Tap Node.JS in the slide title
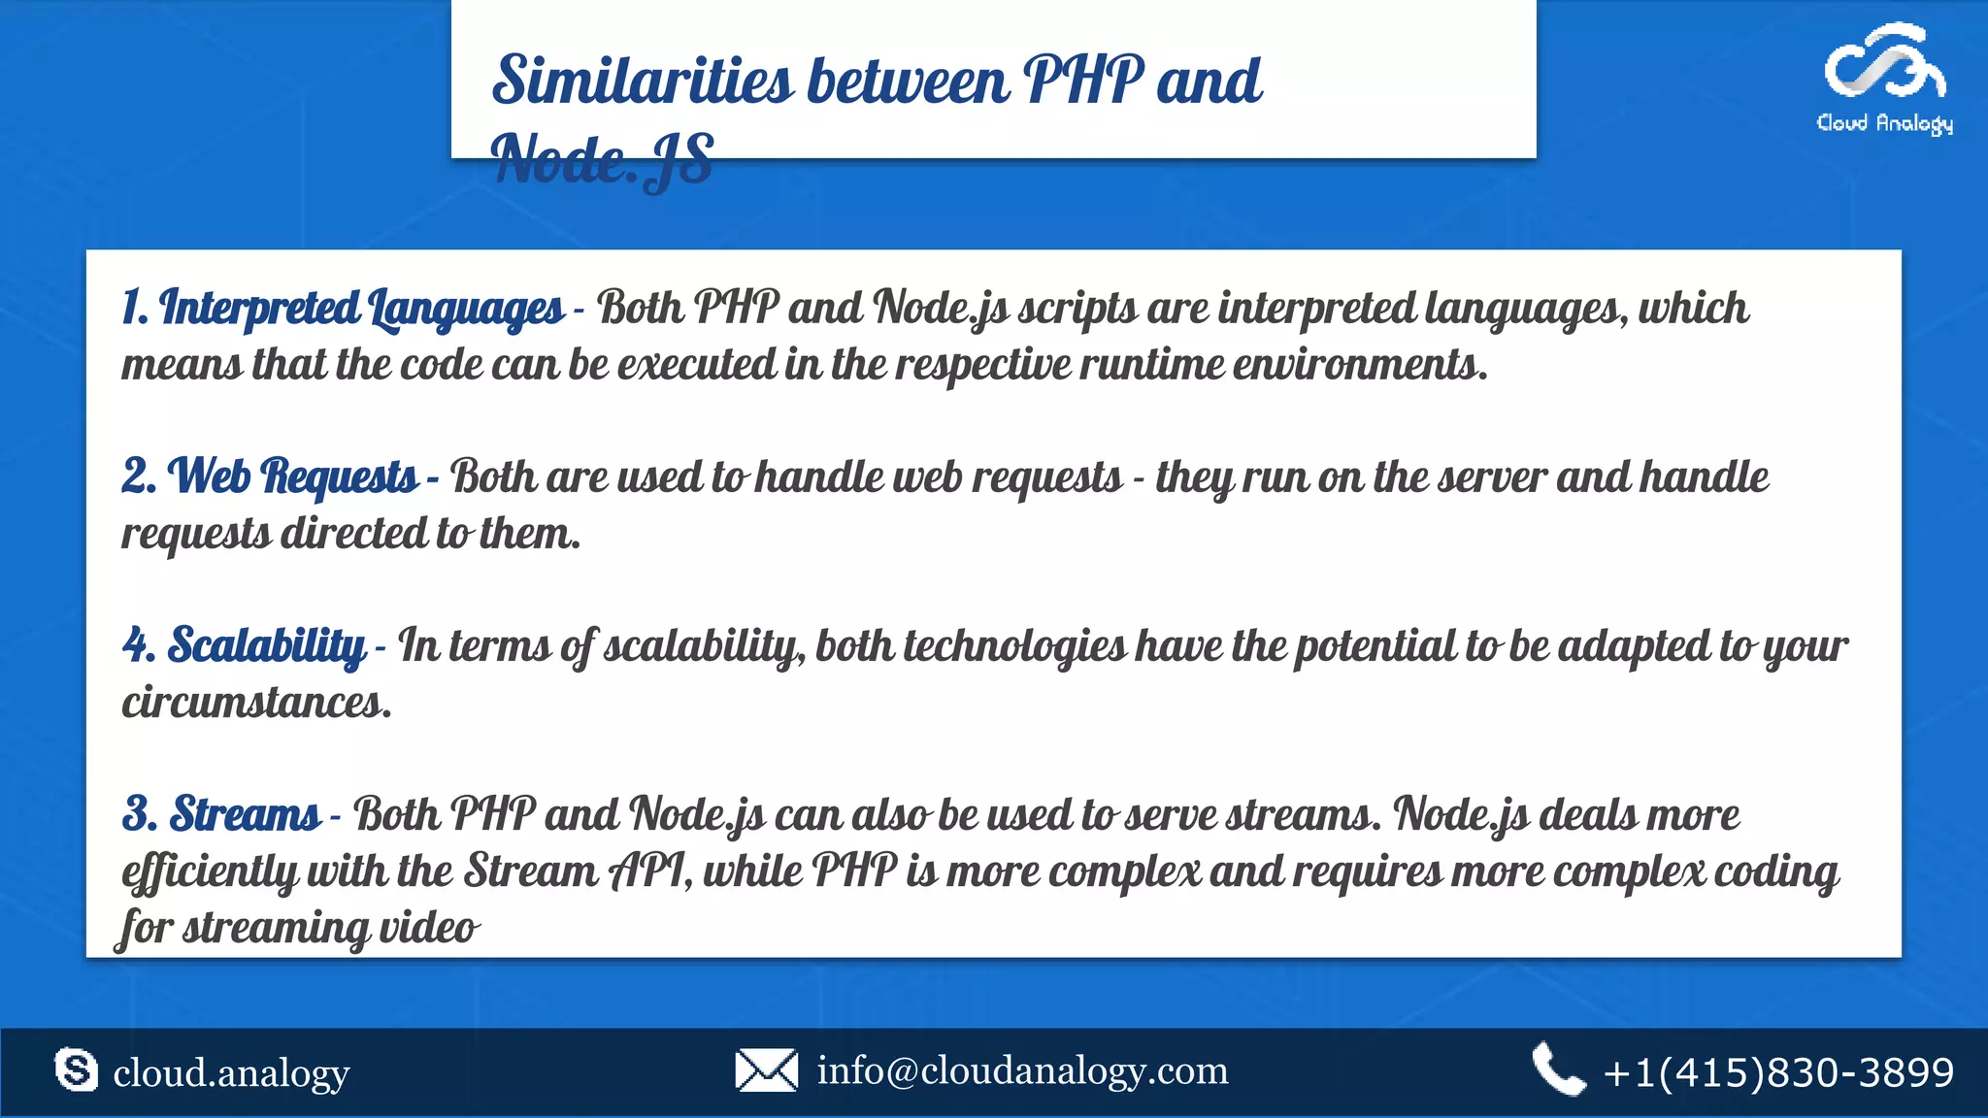click(603, 159)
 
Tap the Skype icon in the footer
click(76, 1069)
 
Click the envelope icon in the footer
click(766, 1069)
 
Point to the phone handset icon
click(1558, 1069)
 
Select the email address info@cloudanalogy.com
click(1022, 1070)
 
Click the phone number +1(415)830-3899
click(1778, 1072)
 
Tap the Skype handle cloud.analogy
click(231, 1073)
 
